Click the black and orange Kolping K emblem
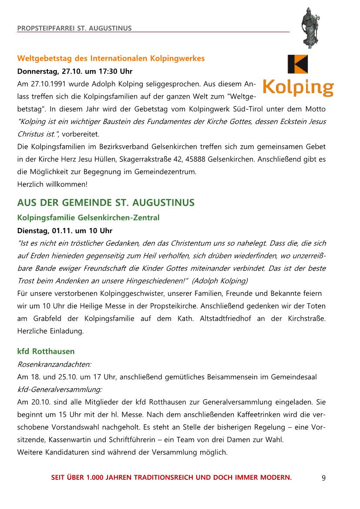(297, 64)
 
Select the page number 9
(323, 478)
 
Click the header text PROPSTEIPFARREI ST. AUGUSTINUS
(74, 29)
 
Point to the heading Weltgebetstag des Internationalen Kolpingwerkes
(111, 58)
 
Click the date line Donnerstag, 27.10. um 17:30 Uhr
(75, 71)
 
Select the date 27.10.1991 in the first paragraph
(45, 84)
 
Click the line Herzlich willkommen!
(52, 184)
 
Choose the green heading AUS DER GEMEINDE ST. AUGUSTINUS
(106, 203)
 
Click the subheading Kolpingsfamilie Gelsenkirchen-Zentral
(88, 217)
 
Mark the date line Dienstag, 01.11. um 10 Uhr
(64, 230)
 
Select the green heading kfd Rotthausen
(46, 351)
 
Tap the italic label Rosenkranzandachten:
(54, 364)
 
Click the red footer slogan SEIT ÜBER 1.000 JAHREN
(172, 478)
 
